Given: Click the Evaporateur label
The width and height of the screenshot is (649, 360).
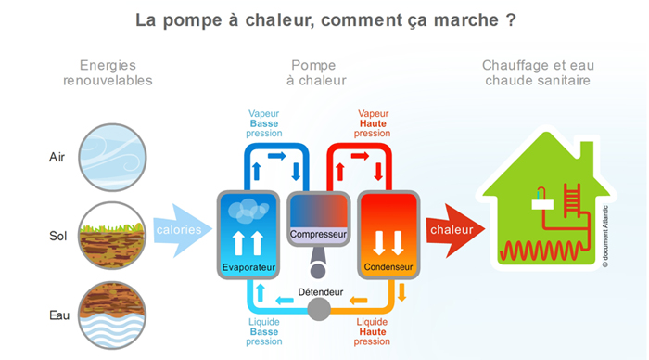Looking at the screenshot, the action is point(246,268).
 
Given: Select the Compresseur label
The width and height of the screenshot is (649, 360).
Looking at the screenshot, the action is point(318,235).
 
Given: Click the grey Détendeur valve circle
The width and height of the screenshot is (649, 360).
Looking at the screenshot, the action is point(319,308).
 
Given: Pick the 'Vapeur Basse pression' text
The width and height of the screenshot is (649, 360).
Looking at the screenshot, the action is point(263,122).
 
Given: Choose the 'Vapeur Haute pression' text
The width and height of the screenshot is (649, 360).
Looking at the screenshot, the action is point(373,122).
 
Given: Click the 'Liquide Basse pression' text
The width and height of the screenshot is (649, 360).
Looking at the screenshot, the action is point(263,331).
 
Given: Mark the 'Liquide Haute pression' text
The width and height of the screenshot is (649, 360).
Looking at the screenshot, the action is point(373,331).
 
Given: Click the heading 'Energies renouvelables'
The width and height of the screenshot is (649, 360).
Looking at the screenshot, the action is point(108,72).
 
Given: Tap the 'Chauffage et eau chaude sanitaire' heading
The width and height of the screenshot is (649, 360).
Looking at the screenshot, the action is point(538,72).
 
